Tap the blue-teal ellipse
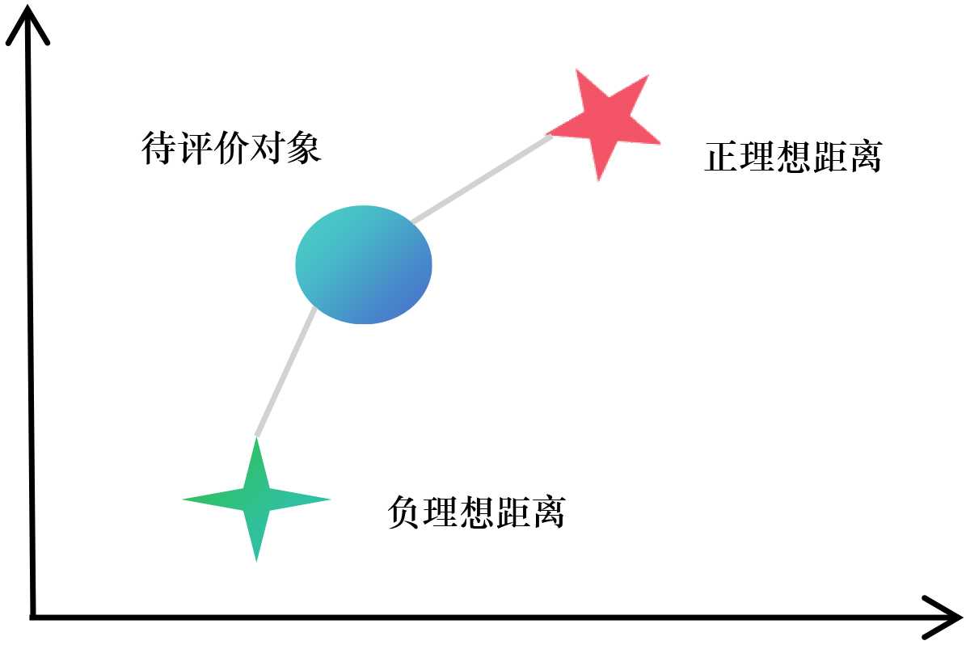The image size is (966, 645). [x=364, y=264]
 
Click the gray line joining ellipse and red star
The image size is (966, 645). [x=481, y=179]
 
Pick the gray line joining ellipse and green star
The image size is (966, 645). [x=285, y=372]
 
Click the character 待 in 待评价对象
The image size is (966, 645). [x=158, y=149]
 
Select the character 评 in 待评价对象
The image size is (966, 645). [x=195, y=149]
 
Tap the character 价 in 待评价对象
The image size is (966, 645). [x=231, y=149]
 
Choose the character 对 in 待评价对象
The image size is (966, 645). [x=268, y=149]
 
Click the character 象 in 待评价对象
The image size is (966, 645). [x=304, y=149]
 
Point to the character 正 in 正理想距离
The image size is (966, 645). [x=721, y=157]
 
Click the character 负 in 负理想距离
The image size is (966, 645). [x=405, y=512]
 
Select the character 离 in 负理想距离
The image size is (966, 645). [x=548, y=512]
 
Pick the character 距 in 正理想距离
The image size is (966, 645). [x=829, y=157]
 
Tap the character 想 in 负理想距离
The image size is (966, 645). [x=476, y=512]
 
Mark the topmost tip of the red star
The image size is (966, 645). [x=579, y=71]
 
